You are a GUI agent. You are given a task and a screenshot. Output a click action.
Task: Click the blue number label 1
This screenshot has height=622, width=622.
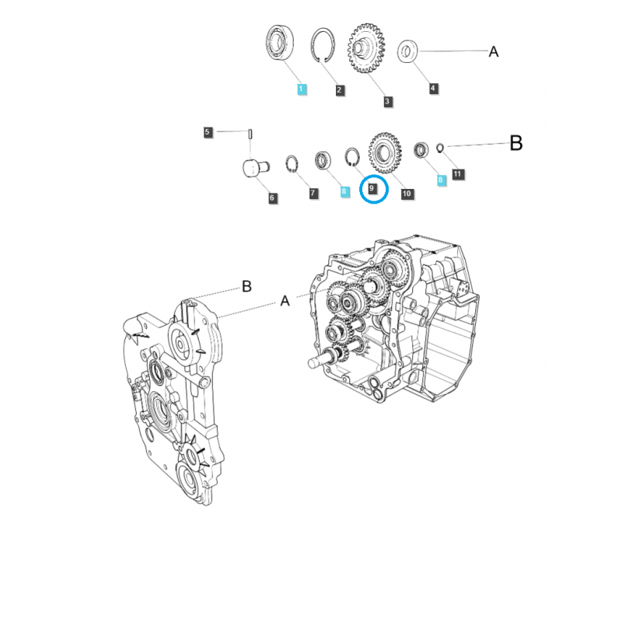coord(302,90)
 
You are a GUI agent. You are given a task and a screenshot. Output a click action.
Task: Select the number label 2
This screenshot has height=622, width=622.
coord(340,90)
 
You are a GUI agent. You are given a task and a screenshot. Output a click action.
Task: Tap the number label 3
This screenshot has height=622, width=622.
coord(387,100)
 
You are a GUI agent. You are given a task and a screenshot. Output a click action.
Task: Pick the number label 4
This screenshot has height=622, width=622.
coord(433,89)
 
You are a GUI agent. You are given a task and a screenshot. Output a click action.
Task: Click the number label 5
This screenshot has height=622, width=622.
coord(208,132)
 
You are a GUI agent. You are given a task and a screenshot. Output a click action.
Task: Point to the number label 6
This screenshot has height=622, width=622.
coord(272,198)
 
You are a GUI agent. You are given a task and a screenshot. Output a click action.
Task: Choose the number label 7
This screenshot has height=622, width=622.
coord(313,193)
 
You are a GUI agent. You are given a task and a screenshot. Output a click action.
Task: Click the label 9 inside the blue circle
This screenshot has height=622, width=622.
coord(373,188)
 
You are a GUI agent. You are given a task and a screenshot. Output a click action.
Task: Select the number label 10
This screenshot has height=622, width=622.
coord(407,193)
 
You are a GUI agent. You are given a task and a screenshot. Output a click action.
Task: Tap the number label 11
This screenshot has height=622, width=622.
coord(457,174)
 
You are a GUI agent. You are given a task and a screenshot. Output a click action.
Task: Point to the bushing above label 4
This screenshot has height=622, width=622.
coord(407,52)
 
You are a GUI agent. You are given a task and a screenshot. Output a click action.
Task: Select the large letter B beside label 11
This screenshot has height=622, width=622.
coord(516,143)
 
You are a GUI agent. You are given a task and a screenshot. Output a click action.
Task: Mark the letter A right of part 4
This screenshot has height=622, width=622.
coord(493,52)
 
